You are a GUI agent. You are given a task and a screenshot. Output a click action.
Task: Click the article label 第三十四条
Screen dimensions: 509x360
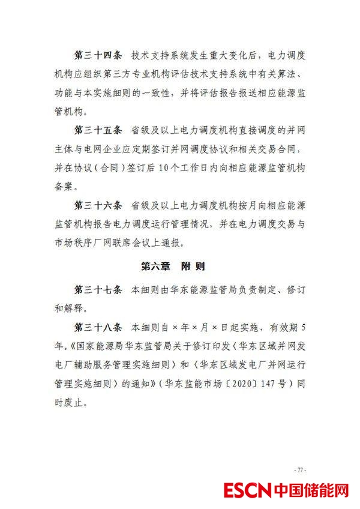tap(97, 56)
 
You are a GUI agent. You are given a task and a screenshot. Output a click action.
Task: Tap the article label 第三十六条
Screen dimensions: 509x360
tap(97, 205)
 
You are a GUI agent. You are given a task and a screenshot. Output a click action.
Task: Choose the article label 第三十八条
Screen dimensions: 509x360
tap(97, 328)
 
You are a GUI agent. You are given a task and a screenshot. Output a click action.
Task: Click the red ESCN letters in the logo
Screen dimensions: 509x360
tap(247, 490)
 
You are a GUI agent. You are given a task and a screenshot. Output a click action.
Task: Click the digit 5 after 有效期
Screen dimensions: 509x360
tap(304, 328)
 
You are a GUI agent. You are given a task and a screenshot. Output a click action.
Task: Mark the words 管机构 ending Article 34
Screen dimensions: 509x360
tap(71, 111)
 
